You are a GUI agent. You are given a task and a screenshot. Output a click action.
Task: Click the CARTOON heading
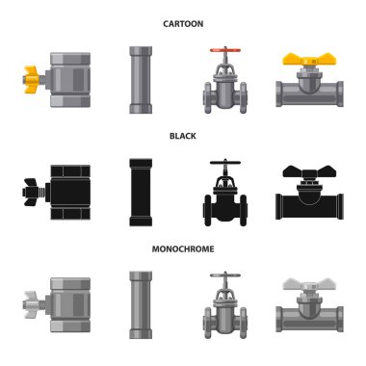coord(183,24)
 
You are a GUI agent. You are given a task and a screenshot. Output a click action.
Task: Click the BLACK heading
coord(183,136)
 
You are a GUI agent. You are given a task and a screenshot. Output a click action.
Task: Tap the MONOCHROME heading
coord(183,249)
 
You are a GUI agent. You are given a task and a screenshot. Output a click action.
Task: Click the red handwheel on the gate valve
coord(225,50)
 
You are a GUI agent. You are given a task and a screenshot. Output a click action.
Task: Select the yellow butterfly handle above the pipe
coord(309,60)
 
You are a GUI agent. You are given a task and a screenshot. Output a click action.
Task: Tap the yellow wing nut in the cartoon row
coord(31,79)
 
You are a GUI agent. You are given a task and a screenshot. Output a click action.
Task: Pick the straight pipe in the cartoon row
coord(141,80)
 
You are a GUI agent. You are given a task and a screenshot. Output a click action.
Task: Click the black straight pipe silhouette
coord(141,192)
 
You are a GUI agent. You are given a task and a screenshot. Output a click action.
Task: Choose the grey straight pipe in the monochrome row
coord(141,305)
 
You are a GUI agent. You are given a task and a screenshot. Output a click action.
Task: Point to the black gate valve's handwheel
coord(225,162)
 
